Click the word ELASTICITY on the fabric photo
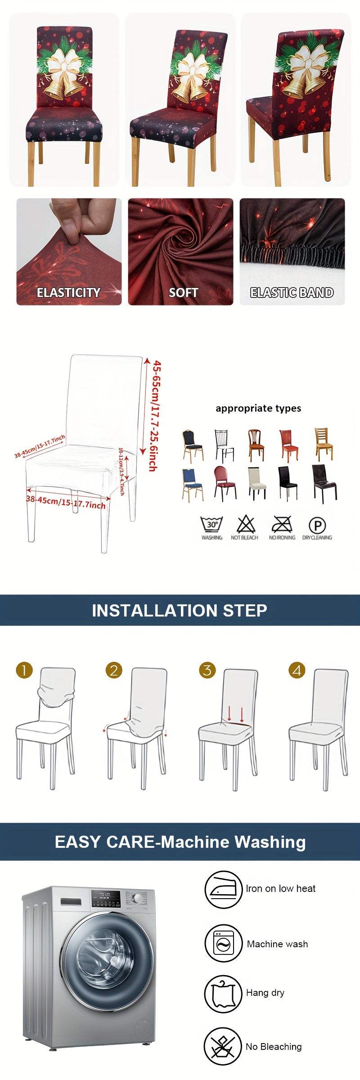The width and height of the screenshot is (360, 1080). click(68, 293)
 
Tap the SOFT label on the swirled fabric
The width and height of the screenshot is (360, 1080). click(183, 293)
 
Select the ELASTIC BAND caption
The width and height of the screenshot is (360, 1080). click(292, 293)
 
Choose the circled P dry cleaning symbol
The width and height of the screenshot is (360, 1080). click(317, 525)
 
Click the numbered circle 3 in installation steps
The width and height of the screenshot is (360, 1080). click(207, 670)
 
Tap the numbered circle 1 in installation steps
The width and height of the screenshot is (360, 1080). click(24, 670)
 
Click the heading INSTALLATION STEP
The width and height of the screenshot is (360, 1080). click(180, 610)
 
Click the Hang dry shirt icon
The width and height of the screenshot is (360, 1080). click(223, 994)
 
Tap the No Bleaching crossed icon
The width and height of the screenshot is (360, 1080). click(223, 1047)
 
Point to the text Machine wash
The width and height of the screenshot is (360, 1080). click(277, 944)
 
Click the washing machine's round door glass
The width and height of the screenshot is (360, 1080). click(104, 958)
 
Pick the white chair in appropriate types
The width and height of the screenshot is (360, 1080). click(257, 483)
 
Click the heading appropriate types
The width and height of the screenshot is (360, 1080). click(258, 409)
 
